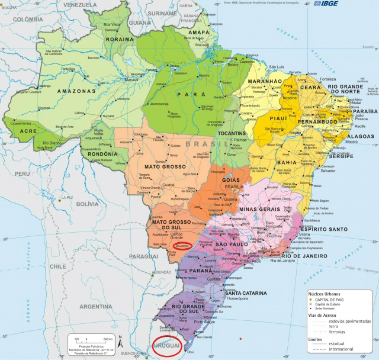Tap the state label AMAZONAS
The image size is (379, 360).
pos(76,91)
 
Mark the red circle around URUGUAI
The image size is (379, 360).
pos(166,345)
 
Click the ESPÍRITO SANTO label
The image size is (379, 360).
pos(323,229)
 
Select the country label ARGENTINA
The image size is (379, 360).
pos(95,307)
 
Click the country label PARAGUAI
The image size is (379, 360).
pos(144,256)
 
